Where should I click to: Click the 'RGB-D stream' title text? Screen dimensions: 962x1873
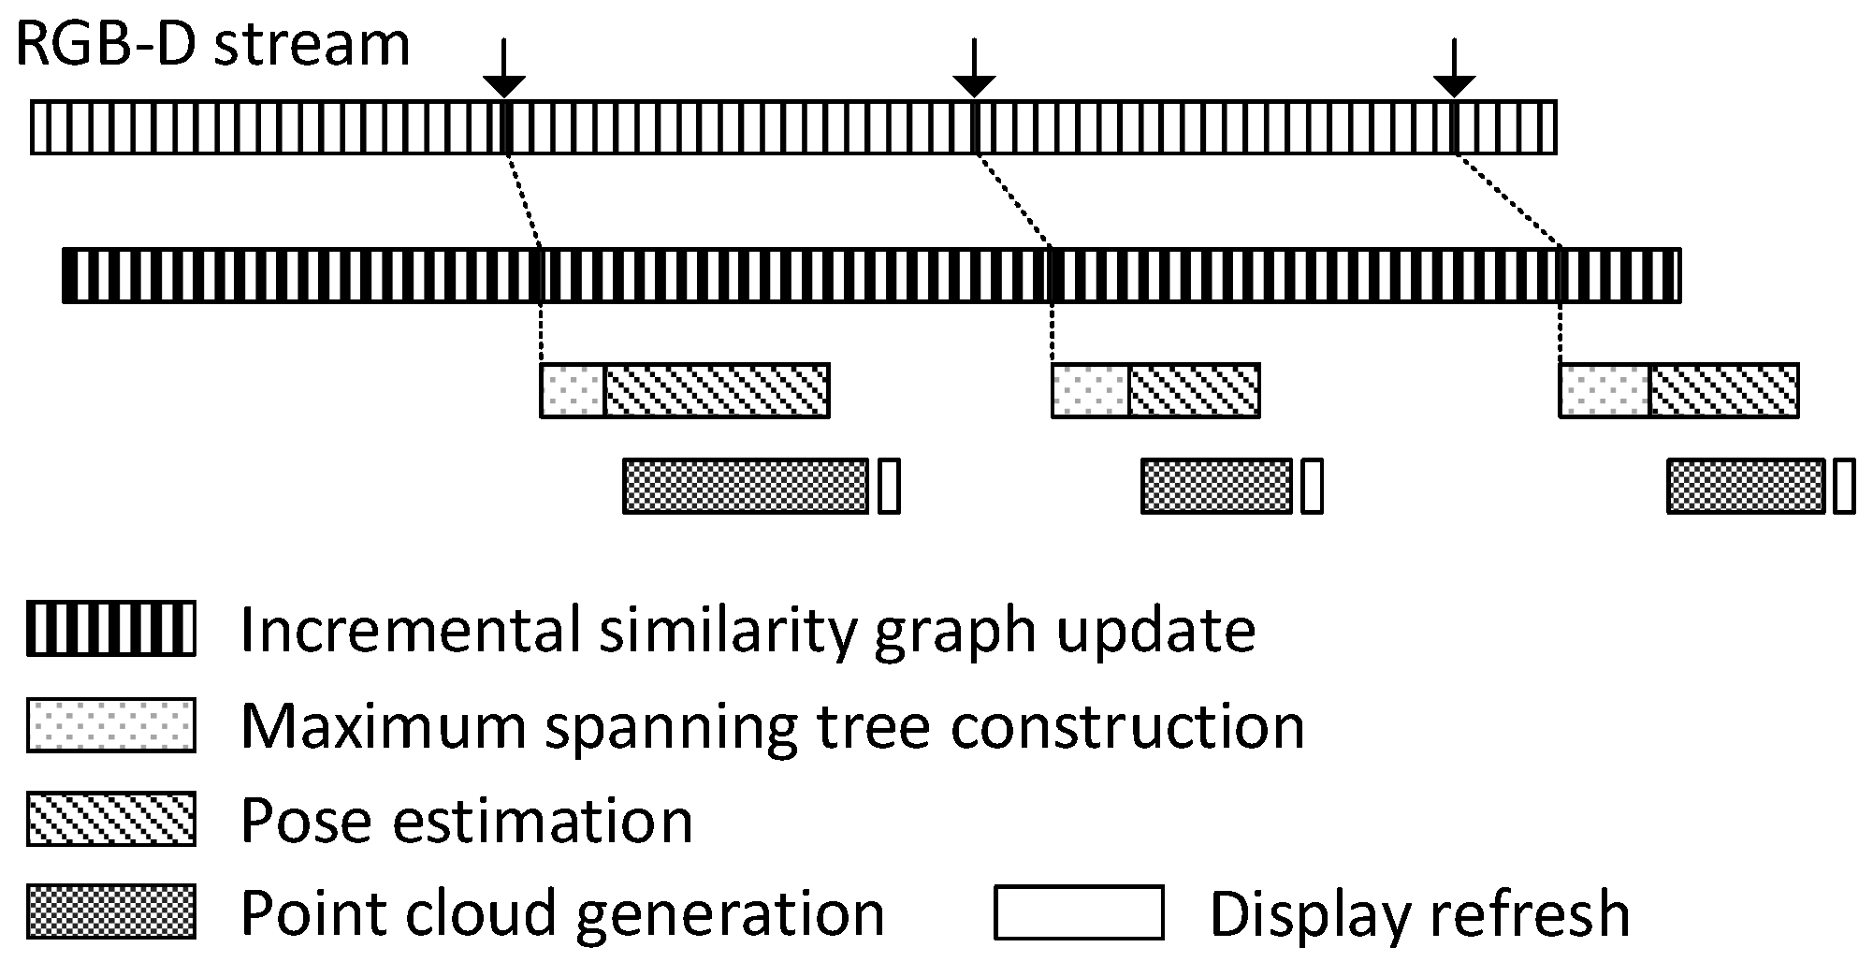click(x=213, y=44)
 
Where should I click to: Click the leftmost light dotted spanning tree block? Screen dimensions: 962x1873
click(x=574, y=390)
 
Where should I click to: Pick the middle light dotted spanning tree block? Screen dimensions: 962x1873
click(x=1091, y=390)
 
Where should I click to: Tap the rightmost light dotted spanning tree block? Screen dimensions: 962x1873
click(x=1604, y=390)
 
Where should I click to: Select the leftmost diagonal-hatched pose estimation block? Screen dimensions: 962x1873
click(x=717, y=390)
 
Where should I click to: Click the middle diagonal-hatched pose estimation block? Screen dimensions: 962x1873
click(x=1194, y=390)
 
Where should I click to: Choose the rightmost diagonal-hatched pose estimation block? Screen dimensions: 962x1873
click(x=1723, y=390)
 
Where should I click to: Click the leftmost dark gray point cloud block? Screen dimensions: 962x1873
click(x=746, y=486)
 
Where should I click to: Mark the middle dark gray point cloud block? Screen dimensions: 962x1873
click(x=1216, y=486)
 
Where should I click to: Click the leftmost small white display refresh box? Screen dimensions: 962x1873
click(x=889, y=486)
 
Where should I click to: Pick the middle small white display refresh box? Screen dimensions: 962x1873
click(x=1313, y=486)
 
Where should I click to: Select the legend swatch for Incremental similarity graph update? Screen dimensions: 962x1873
click(x=111, y=629)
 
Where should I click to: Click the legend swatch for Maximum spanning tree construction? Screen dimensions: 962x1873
click(x=111, y=724)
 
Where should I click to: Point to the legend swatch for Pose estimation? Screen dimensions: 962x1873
click(x=111, y=819)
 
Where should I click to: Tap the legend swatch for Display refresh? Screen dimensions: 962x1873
click(x=1079, y=911)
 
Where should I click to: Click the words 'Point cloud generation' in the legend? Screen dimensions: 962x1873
click(x=562, y=913)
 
